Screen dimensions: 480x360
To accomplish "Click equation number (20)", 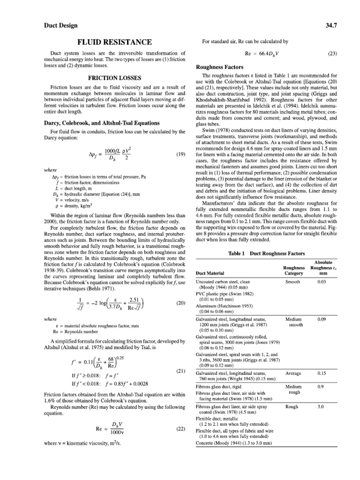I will (180, 303).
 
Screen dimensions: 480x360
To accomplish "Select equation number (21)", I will (180, 371).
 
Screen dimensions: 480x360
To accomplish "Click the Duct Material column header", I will (210, 273).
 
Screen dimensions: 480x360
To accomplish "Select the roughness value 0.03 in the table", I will (322, 282).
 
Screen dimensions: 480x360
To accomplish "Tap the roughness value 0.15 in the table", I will (322, 373).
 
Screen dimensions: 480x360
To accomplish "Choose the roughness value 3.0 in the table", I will (322, 407).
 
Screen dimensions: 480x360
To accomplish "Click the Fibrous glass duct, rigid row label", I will (219, 387).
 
